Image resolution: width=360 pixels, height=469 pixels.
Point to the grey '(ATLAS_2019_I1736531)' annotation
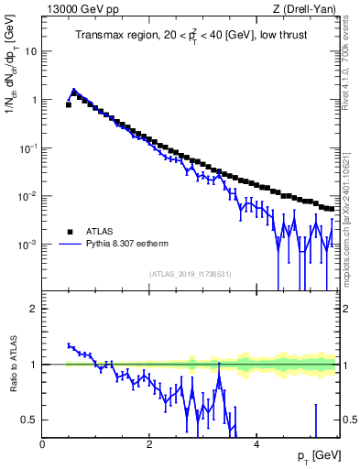(190, 274)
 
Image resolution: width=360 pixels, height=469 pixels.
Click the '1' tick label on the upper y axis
(35, 100)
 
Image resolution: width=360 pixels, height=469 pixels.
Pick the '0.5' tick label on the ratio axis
(31, 420)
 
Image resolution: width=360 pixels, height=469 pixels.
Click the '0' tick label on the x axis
(42, 444)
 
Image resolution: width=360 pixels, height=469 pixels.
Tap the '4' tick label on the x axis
(256, 444)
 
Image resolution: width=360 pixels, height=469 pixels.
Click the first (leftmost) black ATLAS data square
(69, 105)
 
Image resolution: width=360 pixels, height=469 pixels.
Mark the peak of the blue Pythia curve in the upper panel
(74, 91)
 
